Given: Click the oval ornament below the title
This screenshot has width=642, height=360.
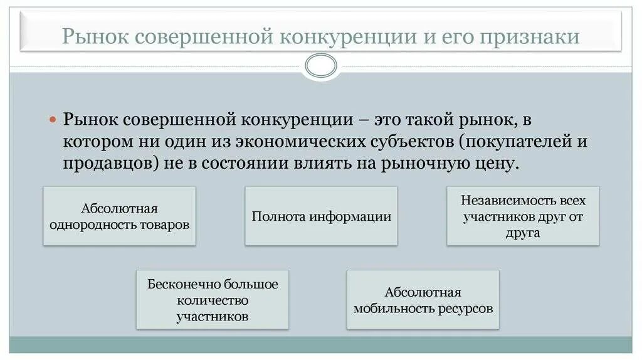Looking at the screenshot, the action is (320, 64).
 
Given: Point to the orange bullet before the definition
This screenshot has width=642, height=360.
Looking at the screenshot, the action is (53, 119).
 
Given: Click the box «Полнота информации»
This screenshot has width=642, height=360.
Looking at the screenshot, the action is (321, 216).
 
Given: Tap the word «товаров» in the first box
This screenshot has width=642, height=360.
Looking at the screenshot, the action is (165, 225).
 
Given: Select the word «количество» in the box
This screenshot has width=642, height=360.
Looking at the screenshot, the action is (213, 300).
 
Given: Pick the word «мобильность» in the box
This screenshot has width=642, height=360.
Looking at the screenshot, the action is (391, 309).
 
